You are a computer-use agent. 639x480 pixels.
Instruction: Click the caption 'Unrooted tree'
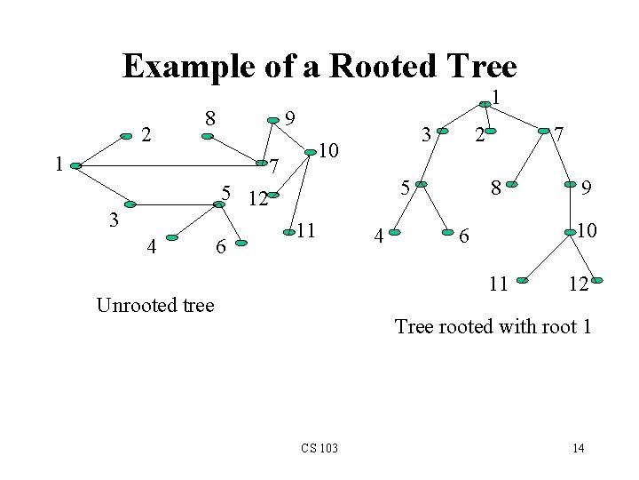click(x=155, y=305)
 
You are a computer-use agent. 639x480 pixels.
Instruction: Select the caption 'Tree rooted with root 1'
click(x=493, y=326)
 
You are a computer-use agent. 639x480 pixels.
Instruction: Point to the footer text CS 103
click(x=319, y=446)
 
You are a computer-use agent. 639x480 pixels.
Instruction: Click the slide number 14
click(x=578, y=447)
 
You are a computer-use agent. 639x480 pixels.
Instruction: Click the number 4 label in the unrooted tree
click(x=152, y=247)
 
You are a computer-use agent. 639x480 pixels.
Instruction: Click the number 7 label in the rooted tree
click(x=560, y=134)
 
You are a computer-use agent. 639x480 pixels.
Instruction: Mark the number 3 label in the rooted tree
click(x=427, y=134)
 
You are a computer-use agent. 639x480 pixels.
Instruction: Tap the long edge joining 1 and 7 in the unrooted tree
click(x=169, y=164)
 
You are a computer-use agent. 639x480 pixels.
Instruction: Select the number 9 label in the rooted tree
click(x=586, y=188)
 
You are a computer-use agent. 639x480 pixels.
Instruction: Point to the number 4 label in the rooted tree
click(x=378, y=236)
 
